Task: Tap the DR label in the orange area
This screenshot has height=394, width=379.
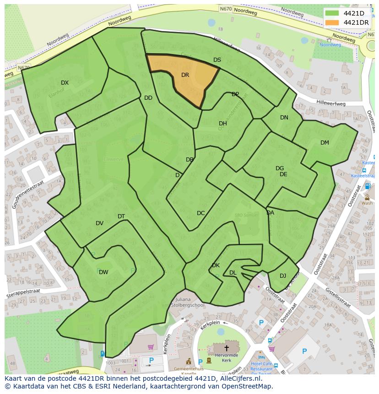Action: coord(185,75)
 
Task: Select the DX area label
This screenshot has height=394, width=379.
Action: coord(65,83)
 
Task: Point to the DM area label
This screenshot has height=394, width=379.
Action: coord(325,143)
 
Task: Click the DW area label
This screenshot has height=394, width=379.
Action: coord(103,272)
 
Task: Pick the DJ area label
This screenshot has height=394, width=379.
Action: coord(283,275)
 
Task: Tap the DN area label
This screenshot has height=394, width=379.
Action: coord(284,118)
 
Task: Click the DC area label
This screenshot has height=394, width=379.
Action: coord(200,213)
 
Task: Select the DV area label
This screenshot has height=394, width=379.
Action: coord(99,223)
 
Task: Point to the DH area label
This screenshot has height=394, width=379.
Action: coord(222,124)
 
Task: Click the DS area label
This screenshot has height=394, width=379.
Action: coord(217,60)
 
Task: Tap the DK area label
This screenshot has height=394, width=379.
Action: coord(216,265)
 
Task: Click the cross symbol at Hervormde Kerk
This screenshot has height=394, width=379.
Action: coord(226,348)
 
